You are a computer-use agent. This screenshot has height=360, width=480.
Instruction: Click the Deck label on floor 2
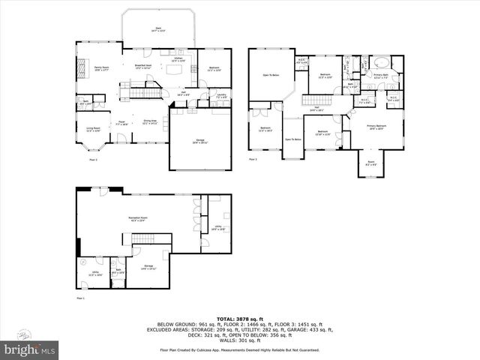158,29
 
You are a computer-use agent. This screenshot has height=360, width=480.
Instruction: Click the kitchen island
178,70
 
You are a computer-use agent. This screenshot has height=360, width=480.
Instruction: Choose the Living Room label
93,128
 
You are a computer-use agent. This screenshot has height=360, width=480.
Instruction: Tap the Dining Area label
149,121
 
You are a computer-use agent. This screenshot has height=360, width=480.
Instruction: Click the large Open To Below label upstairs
271,75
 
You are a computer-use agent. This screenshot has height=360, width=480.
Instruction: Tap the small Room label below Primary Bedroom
370,163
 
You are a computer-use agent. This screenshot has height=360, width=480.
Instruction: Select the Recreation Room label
137,218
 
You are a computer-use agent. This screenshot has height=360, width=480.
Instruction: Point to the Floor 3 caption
253,159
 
